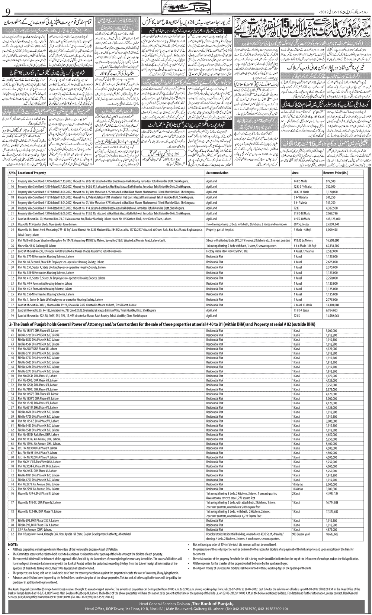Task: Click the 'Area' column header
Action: [x=295, y=173]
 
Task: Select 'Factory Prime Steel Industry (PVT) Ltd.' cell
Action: [x=228, y=251]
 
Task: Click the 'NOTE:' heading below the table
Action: [x=13, y=545]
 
